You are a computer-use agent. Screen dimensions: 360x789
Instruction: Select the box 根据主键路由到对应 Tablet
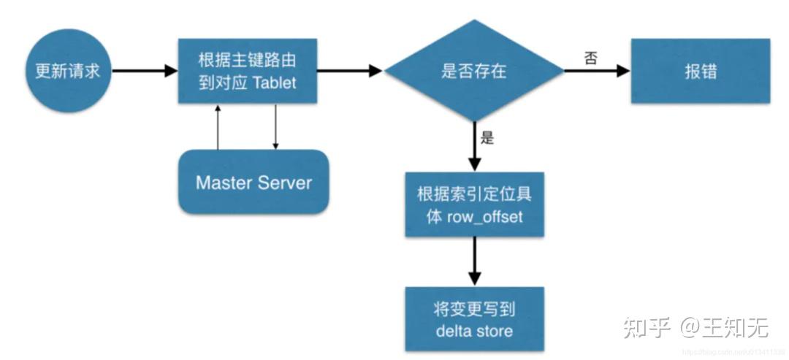coord(247,71)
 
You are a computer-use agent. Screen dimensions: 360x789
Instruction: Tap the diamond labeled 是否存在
coord(474,71)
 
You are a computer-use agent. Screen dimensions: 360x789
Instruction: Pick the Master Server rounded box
coord(253,182)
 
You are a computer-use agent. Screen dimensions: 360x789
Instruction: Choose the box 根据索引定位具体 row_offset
coord(474,205)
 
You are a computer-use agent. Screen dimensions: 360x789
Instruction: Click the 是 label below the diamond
coord(487,137)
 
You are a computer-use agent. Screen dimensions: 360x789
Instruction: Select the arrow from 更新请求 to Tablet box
coord(144,71)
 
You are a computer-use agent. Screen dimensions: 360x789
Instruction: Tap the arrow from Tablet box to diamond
coord(349,71)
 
